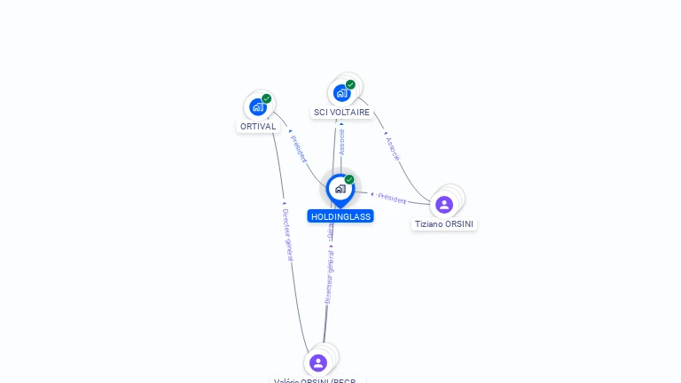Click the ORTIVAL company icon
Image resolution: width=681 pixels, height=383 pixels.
[x=257, y=107]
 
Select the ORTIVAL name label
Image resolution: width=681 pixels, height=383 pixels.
[x=258, y=127]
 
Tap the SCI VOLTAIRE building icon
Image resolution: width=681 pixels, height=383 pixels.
[x=341, y=93]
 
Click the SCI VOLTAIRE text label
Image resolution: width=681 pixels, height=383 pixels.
[x=341, y=113]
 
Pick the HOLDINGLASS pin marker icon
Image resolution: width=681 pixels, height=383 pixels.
[x=340, y=189]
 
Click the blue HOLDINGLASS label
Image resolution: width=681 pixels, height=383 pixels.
[x=340, y=216]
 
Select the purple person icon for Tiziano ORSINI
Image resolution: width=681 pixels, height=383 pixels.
[x=444, y=205]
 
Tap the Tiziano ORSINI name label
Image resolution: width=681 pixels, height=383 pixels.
[x=444, y=224]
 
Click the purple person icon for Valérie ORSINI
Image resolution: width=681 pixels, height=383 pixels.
[x=318, y=363]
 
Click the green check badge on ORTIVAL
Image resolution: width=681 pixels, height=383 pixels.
[x=266, y=99]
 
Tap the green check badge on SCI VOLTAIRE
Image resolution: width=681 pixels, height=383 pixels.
[x=350, y=85]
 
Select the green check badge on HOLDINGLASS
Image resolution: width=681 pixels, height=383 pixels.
[x=349, y=180]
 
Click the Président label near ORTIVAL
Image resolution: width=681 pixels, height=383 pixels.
[x=298, y=149]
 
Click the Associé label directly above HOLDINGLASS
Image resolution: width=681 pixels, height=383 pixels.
[x=341, y=142]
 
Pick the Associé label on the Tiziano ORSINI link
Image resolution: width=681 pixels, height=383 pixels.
[x=393, y=148]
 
